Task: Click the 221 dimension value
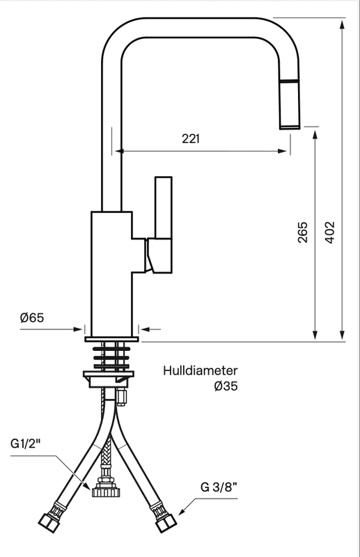point(191,138)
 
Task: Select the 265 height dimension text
point(303,233)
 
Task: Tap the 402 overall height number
point(330,233)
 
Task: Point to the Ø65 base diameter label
point(32,317)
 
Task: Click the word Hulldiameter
point(201,370)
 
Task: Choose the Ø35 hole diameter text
point(226,386)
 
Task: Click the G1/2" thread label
point(26,444)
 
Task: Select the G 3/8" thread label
point(219,487)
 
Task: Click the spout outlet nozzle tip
point(290,127)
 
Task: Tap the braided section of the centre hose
point(107,453)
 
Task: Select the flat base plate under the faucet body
point(111,339)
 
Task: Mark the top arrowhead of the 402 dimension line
point(342,24)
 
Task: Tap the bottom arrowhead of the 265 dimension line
point(315,335)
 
